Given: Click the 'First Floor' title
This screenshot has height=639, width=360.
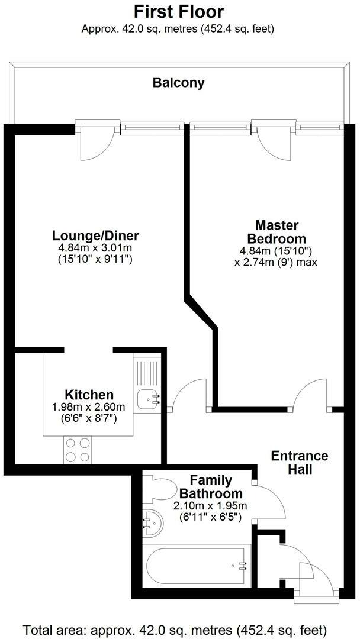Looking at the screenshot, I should point(178,12).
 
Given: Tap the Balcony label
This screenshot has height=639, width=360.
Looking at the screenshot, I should point(178,83).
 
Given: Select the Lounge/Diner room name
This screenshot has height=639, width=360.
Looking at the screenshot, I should point(95,236).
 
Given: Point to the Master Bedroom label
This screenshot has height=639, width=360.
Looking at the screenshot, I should point(277,232).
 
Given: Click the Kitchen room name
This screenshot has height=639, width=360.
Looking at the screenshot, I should point(89,395).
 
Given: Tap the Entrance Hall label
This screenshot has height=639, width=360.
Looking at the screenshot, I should point(299,463).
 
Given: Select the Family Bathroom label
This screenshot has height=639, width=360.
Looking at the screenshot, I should point(211,486).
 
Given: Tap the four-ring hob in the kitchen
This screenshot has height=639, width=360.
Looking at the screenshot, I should point(78,449).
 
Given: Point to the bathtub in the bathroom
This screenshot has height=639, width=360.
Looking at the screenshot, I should point(195,566).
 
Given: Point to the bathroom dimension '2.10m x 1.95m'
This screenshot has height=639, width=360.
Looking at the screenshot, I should point(210,506).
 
